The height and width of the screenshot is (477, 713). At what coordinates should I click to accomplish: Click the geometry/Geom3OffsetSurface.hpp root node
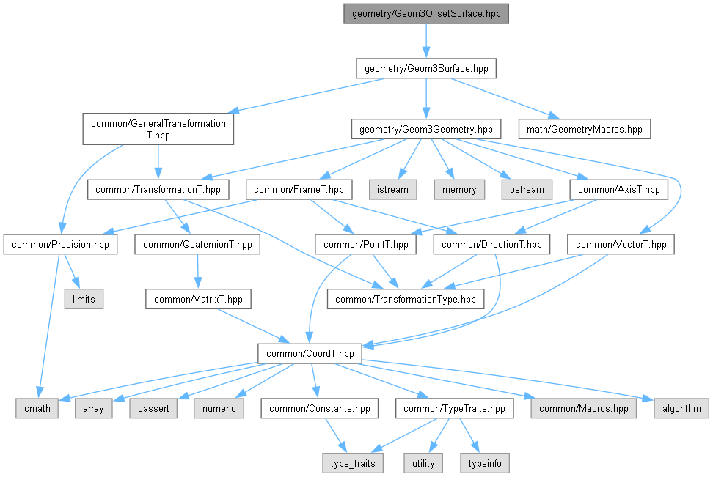[425, 14]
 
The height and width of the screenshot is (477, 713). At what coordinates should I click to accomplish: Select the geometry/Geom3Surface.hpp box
[425, 69]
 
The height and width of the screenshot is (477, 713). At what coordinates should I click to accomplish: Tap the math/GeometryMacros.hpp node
[584, 130]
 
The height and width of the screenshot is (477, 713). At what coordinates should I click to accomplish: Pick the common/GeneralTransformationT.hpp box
[158, 129]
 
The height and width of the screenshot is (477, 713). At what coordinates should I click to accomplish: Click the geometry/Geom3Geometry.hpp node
[425, 130]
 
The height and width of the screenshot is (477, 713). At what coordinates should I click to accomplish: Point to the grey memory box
[459, 189]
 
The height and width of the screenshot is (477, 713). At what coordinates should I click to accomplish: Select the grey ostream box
[527, 189]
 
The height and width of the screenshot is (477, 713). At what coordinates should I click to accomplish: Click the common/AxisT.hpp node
[618, 189]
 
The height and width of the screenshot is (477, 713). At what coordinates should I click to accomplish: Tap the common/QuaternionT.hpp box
[197, 244]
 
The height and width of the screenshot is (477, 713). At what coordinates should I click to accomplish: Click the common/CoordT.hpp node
[310, 353]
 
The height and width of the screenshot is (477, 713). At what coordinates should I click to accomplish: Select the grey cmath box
[37, 408]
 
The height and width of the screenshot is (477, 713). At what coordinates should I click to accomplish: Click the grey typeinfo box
[484, 463]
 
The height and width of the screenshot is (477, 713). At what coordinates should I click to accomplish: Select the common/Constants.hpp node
[320, 408]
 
